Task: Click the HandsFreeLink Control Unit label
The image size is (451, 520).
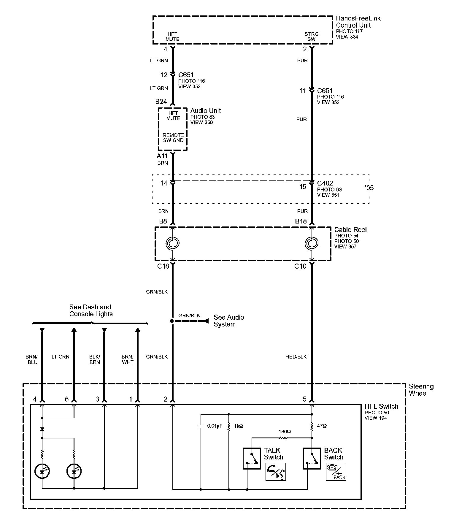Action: click(358, 22)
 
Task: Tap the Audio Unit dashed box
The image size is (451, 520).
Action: click(173, 129)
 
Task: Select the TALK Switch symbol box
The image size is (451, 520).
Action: click(252, 459)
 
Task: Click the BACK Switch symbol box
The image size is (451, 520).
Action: click(312, 459)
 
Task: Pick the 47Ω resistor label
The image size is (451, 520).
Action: click(322, 426)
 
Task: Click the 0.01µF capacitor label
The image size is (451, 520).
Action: click(215, 426)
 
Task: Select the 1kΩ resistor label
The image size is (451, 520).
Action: click(238, 426)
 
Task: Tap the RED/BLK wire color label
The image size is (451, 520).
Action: click(296, 357)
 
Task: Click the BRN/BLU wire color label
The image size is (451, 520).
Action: click(32, 359)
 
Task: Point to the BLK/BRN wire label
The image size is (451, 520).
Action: click(95, 359)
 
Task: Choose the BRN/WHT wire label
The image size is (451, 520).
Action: click(128, 359)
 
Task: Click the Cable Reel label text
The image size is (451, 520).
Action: click(350, 230)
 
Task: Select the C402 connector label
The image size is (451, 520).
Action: click(325, 183)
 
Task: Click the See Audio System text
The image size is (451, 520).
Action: click(229, 321)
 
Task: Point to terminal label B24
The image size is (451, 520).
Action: click(161, 102)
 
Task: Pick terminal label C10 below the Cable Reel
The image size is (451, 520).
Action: click(300, 266)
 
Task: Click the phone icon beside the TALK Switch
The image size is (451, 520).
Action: click(276, 472)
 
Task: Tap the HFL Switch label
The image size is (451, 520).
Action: click(381, 406)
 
